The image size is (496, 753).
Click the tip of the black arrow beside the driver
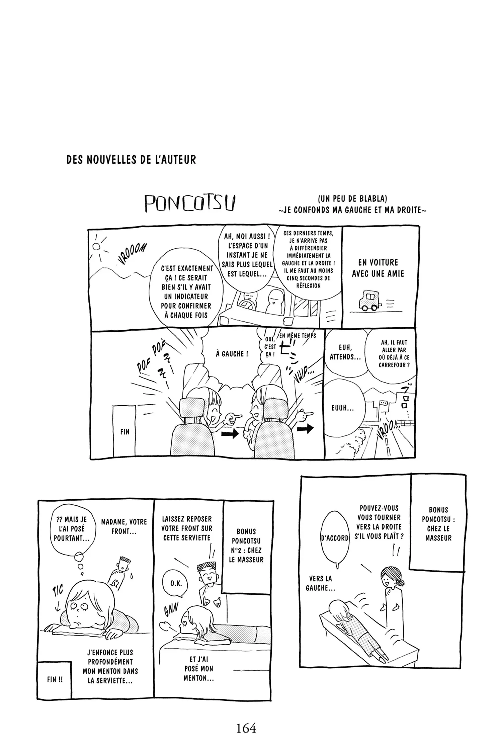pyautogui.click(x=314, y=428)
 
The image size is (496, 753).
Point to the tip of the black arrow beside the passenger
pyautogui.click(x=239, y=434)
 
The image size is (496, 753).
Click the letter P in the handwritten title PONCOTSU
pyautogui.click(x=150, y=204)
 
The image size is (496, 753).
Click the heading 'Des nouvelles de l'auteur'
pyautogui.click(x=131, y=160)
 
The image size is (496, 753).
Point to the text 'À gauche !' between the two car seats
pyautogui.click(x=232, y=354)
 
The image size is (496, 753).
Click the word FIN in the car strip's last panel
pyautogui.click(x=125, y=432)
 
